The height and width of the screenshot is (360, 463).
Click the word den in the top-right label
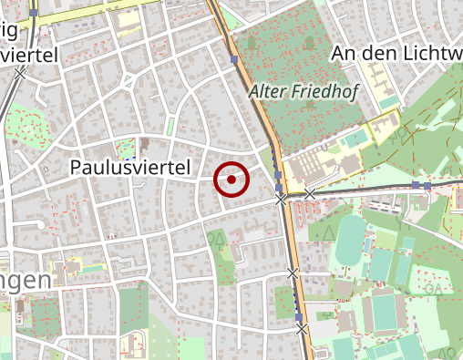(374, 54)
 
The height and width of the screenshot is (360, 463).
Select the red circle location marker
(231, 180)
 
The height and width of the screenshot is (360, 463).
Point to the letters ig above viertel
(10, 30)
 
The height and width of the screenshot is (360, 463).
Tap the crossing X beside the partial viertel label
(18, 72)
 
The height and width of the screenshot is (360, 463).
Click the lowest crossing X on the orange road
(302, 329)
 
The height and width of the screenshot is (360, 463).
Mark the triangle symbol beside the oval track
(325, 231)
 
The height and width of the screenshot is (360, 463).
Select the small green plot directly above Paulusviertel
(125, 146)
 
